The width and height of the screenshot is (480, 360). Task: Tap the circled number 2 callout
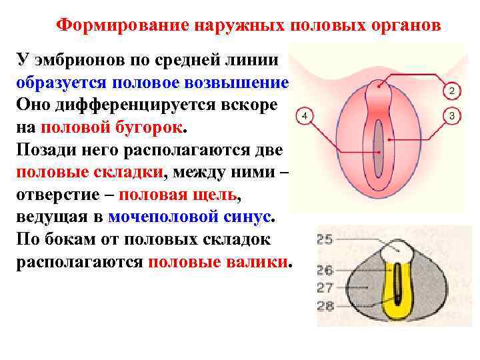tap(451, 91)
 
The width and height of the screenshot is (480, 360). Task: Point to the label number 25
tap(325, 239)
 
